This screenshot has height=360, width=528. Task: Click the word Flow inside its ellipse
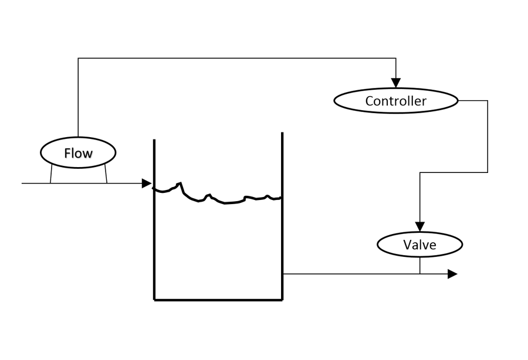(78, 153)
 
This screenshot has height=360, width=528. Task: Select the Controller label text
(395, 101)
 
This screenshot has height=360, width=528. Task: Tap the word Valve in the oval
(419, 244)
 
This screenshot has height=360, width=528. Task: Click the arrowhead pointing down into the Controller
(396, 82)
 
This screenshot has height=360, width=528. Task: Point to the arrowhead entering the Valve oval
(419, 226)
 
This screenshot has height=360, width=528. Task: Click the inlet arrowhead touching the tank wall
(147, 184)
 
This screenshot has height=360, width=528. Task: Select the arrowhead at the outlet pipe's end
(452, 274)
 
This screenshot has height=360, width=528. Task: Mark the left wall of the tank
(154, 246)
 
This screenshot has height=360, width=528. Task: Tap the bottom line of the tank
(218, 300)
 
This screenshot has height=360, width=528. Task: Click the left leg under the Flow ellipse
(51, 174)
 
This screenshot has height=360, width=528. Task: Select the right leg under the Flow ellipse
(106, 174)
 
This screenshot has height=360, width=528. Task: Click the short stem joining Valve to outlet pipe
(420, 266)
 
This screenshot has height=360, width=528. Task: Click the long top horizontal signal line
(235, 58)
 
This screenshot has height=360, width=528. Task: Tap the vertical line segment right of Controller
(488, 136)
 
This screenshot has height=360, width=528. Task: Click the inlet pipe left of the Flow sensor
(35, 184)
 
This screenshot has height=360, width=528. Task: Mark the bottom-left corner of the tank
(155, 299)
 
